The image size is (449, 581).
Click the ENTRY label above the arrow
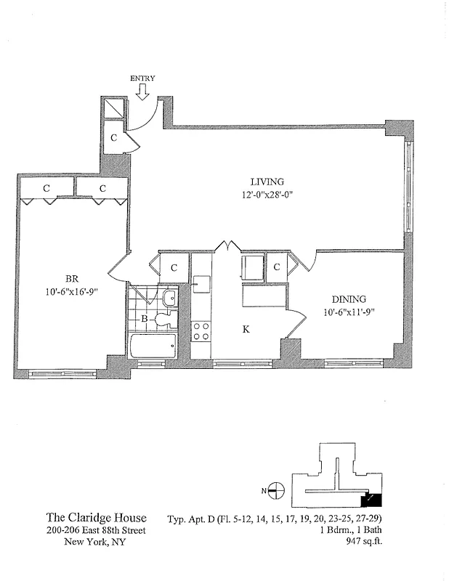pyautogui.click(x=142, y=78)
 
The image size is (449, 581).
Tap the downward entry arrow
pyautogui.click(x=142, y=92)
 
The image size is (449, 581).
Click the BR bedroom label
pyautogui.click(x=72, y=278)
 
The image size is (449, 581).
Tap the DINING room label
pyautogui.click(x=349, y=299)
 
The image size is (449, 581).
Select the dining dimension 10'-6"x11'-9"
pyautogui.click(x=349, y=312)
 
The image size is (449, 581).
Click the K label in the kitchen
pyautogui.click(x=246, y=330)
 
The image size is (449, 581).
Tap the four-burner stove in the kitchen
pyautogui.click(x=201, y=331)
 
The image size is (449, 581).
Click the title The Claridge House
pyautogui.click(x=97, y=518)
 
